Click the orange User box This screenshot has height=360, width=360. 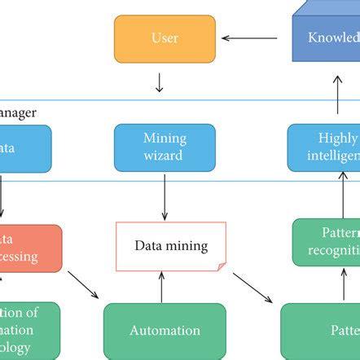[165, 37]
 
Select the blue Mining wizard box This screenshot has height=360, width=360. [165, 147]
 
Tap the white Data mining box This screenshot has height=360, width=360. [171, 245]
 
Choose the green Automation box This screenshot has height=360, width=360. [165, 331]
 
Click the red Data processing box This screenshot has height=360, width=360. [30, 248]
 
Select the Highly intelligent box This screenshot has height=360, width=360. [324, 147]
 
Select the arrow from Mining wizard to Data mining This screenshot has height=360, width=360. [165, 195]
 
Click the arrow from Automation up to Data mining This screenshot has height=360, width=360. [165, 286]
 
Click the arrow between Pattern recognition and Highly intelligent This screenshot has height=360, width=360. [336, 195]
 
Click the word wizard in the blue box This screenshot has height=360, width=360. [165, 154]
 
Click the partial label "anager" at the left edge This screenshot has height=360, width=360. [19, 114]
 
